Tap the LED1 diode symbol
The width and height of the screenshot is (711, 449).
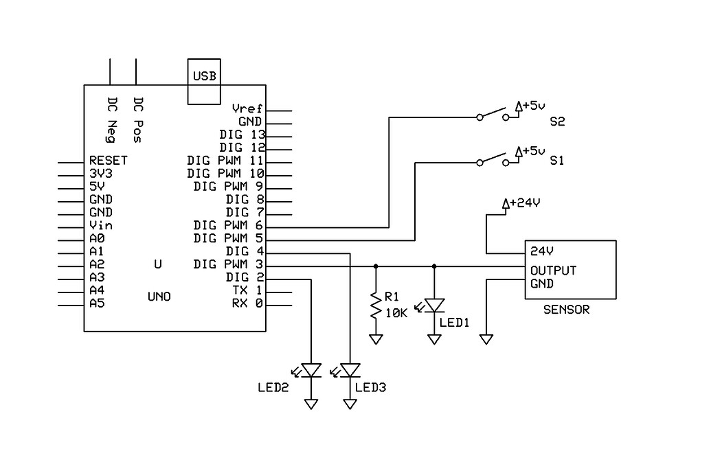434,304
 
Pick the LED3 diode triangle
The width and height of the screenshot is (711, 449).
350,371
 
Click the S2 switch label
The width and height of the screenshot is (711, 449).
557,122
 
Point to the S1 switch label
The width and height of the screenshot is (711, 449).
557,161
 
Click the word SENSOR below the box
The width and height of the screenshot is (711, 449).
566,310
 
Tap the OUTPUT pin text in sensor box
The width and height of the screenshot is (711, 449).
553,270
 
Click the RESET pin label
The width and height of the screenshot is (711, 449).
108,161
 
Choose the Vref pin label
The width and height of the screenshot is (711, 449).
247,109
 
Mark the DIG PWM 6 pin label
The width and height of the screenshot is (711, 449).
229,225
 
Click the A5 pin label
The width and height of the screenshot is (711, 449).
97,303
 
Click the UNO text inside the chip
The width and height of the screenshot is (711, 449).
159,297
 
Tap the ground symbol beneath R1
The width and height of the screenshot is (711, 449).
376,338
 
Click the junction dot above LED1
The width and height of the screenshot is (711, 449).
434,265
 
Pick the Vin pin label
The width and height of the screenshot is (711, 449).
100,225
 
